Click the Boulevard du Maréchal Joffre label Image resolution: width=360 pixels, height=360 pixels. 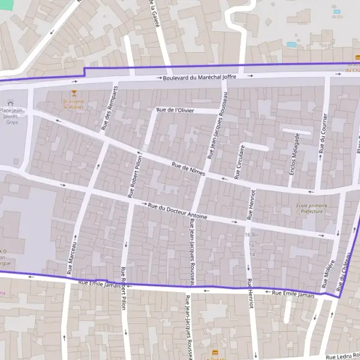[199, 77]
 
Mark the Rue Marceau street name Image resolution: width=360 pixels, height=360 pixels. [73, 256]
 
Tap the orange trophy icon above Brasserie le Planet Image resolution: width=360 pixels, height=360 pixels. [74, 93]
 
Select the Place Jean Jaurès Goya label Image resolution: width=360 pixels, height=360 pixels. [12, 116]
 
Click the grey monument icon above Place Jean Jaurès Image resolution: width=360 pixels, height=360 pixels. [10, 103]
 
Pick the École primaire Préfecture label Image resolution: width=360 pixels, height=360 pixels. [311, 208]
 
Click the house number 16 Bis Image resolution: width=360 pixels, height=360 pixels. [251, 235]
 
